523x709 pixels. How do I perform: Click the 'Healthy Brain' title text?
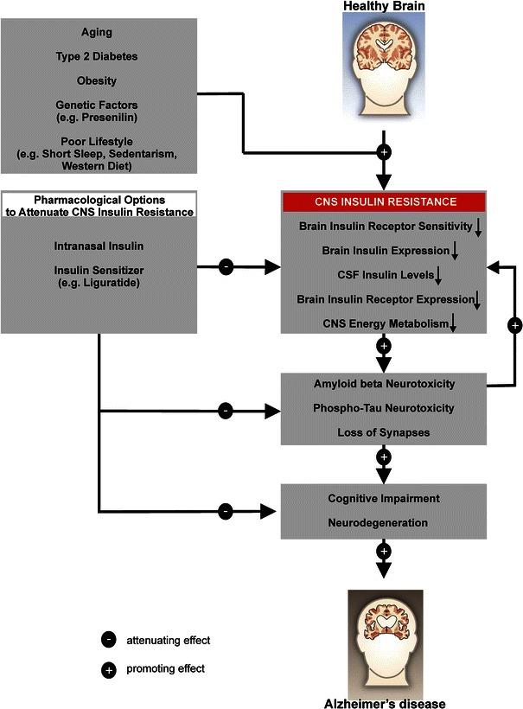coord(384,7)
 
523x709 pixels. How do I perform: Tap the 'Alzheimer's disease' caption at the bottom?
coord(384,702)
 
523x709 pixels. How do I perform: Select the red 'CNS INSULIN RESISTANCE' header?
coord(384,203)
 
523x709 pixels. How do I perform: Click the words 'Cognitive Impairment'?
coord(384,499)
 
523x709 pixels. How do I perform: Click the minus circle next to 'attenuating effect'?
coord(109,641)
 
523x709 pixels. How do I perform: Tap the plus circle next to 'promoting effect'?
coord(109,668)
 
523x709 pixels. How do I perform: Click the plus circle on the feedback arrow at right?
coord(515,325)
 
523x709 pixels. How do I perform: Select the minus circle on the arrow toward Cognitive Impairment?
coord(225,511)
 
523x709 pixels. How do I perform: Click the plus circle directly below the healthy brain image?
coord(384,152)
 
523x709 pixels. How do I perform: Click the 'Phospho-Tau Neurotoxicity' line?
coord(384,406)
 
